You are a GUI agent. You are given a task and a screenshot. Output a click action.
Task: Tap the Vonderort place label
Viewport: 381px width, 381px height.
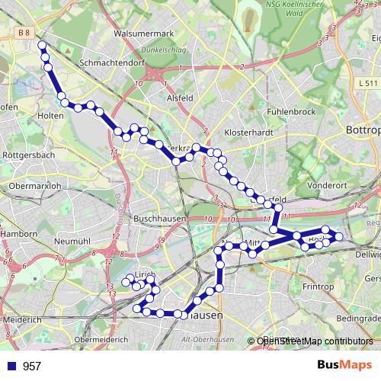(x=327, y=184)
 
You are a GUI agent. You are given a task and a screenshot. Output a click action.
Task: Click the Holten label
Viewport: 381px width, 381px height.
(x=49, y=116)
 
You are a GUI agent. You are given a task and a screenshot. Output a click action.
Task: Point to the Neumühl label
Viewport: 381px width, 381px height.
(x=73, y=241)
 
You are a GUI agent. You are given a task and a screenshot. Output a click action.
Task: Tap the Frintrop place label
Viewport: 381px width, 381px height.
(x=319, y=286)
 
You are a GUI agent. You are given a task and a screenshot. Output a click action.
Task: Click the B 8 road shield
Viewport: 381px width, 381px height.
(x=25, y=32)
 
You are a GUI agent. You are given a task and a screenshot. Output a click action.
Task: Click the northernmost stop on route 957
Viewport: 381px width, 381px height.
(x=42, y=46)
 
